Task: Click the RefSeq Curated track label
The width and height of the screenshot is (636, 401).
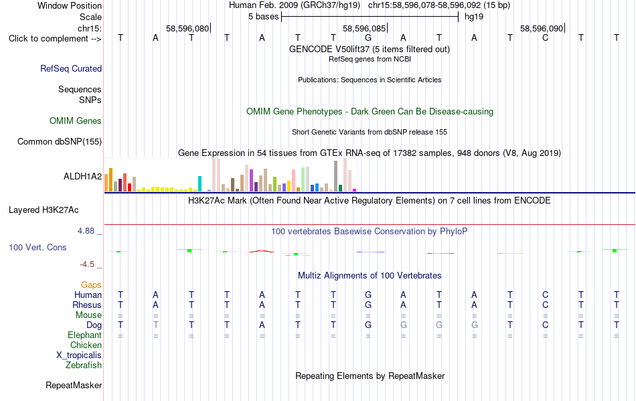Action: tap(71, 68)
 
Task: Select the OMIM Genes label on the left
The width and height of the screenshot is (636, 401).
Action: tap(76, 121)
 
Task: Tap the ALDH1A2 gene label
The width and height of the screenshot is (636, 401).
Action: tap(83, 176)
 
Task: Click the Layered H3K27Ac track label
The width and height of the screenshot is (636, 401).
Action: tap(44, 210)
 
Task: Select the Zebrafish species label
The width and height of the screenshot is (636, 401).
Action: tap(84, 366)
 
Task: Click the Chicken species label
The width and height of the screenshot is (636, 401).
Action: tap(86, 345)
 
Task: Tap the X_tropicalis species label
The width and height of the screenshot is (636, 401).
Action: tap(79, 355)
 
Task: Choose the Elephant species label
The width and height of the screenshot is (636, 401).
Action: tap(85, 335)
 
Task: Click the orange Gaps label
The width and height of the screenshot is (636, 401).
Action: tap(91, 285)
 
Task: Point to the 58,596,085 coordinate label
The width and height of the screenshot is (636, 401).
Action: tap(364, 28)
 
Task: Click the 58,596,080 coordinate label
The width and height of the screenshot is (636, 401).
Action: tap(187, 28)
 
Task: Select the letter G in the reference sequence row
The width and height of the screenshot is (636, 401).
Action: tap(368, 38)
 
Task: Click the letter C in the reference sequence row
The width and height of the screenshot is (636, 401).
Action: tap(545, 38)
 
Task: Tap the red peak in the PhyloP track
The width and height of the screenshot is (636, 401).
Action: tap(262, 252)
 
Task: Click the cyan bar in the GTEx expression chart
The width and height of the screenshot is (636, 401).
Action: tap(200, 183)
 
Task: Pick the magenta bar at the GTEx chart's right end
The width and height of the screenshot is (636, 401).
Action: tap(355, 190)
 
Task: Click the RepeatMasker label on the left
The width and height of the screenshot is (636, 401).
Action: tap(74, 385)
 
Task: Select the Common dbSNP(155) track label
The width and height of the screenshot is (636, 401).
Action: tap(60, 141)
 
